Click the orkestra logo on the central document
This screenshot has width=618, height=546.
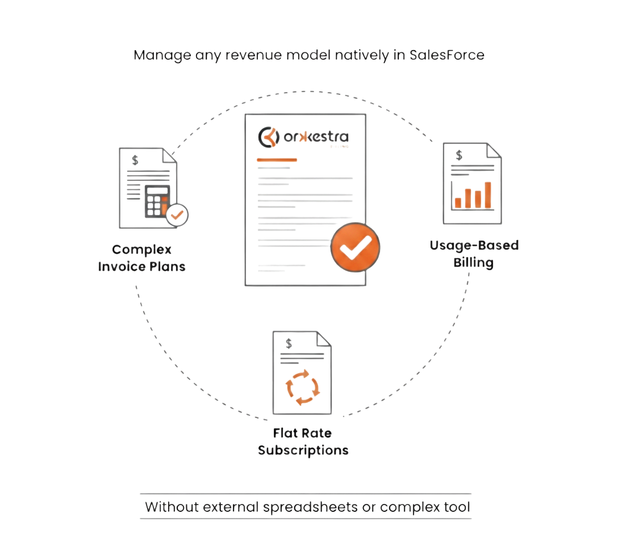point(303,137)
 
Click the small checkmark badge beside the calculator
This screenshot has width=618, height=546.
point(178,215)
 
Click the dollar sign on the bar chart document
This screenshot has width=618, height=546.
point(459,155)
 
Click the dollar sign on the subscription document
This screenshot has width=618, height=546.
point(289,343)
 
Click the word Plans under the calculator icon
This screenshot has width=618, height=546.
point(167,266)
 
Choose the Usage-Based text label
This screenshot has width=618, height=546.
point(474,246)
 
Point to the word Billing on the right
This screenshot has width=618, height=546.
point(473,262)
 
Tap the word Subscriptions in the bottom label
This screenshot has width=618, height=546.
point(303,450)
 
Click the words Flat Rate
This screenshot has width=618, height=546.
point(302,433)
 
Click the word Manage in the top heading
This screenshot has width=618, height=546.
point(154,56)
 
